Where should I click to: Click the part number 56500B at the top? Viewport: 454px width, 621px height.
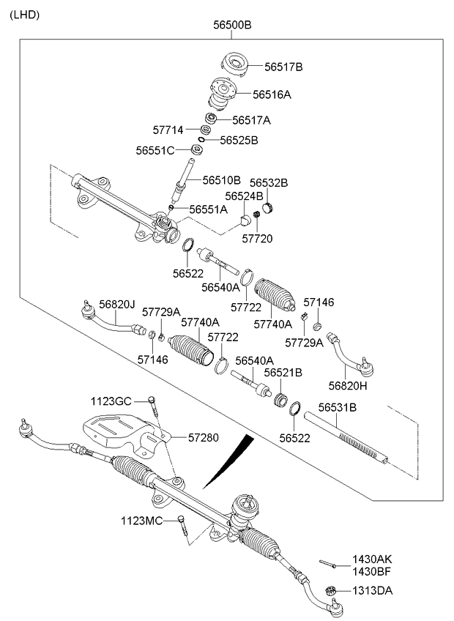(x=232, y=25)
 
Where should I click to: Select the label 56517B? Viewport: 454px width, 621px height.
(x=283, y=67)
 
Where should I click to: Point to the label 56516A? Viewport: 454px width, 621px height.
(x=272, y=94)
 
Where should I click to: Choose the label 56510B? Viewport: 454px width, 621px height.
(x=221, y=179)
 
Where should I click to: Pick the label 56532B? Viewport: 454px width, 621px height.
(x=269, y=182)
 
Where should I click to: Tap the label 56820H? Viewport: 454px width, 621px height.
(x=348, y=385)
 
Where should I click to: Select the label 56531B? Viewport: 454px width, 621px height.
(x=337, y=406)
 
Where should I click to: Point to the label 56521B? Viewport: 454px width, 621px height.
(x=283, y=373)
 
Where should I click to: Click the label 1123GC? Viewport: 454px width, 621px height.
(x=111, y=401)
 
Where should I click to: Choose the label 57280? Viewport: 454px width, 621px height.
(x=203, y=437)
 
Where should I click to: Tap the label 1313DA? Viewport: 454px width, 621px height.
(x=373, y=590)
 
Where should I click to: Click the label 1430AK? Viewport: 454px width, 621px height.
(x=372, y=559)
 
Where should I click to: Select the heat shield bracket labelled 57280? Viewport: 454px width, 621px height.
(x=117, y=432)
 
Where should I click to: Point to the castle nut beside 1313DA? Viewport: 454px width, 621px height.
(x=329, y=590)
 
